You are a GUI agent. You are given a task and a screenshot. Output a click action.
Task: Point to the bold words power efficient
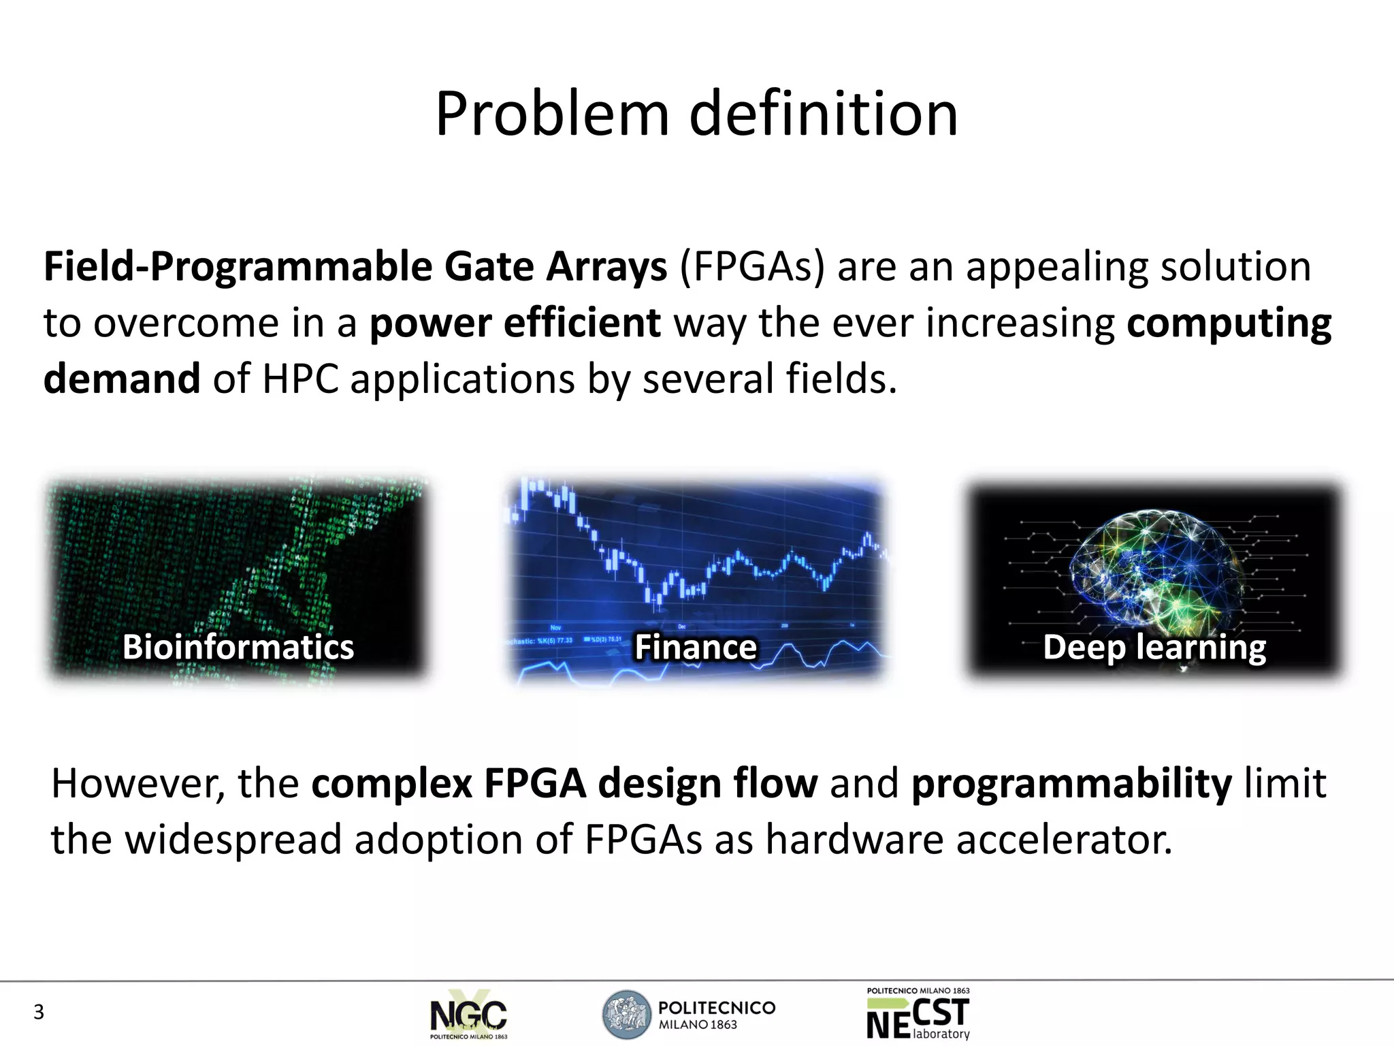click(515, 323)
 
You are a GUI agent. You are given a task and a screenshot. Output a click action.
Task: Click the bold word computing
click(1229, 323)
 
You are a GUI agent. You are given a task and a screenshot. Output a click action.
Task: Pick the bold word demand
click(122, 379)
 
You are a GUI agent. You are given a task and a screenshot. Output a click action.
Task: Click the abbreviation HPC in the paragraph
click(300, 379)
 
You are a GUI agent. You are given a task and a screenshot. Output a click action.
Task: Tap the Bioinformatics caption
click(238, 647)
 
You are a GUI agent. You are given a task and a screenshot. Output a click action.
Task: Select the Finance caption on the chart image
click(696, 647)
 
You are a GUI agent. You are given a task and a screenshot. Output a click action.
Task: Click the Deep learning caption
click(1154, 647)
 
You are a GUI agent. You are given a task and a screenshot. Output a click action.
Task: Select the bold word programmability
click(1071, 783)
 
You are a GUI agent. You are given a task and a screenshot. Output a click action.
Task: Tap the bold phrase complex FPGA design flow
click(564, 783)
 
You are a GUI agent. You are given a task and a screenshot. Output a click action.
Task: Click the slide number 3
click(39, 1013)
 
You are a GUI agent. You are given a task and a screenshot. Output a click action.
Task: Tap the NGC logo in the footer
click(469, 1016)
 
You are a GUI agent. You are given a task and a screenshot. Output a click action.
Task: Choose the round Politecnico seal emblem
click(627, 1015)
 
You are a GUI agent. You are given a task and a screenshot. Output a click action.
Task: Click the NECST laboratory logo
click(918, 1015)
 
